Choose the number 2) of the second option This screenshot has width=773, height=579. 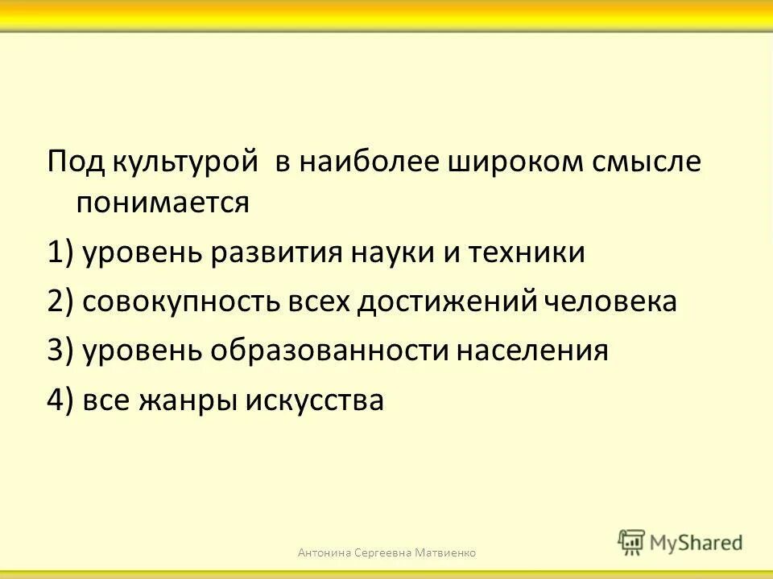[x=60, y=302]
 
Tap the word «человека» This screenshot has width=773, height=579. [x=610, y=302]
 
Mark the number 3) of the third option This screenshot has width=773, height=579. [x=60, y=351]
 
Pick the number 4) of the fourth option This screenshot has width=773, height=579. [x=60, y=400]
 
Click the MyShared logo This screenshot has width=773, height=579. [x=680, y=542]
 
